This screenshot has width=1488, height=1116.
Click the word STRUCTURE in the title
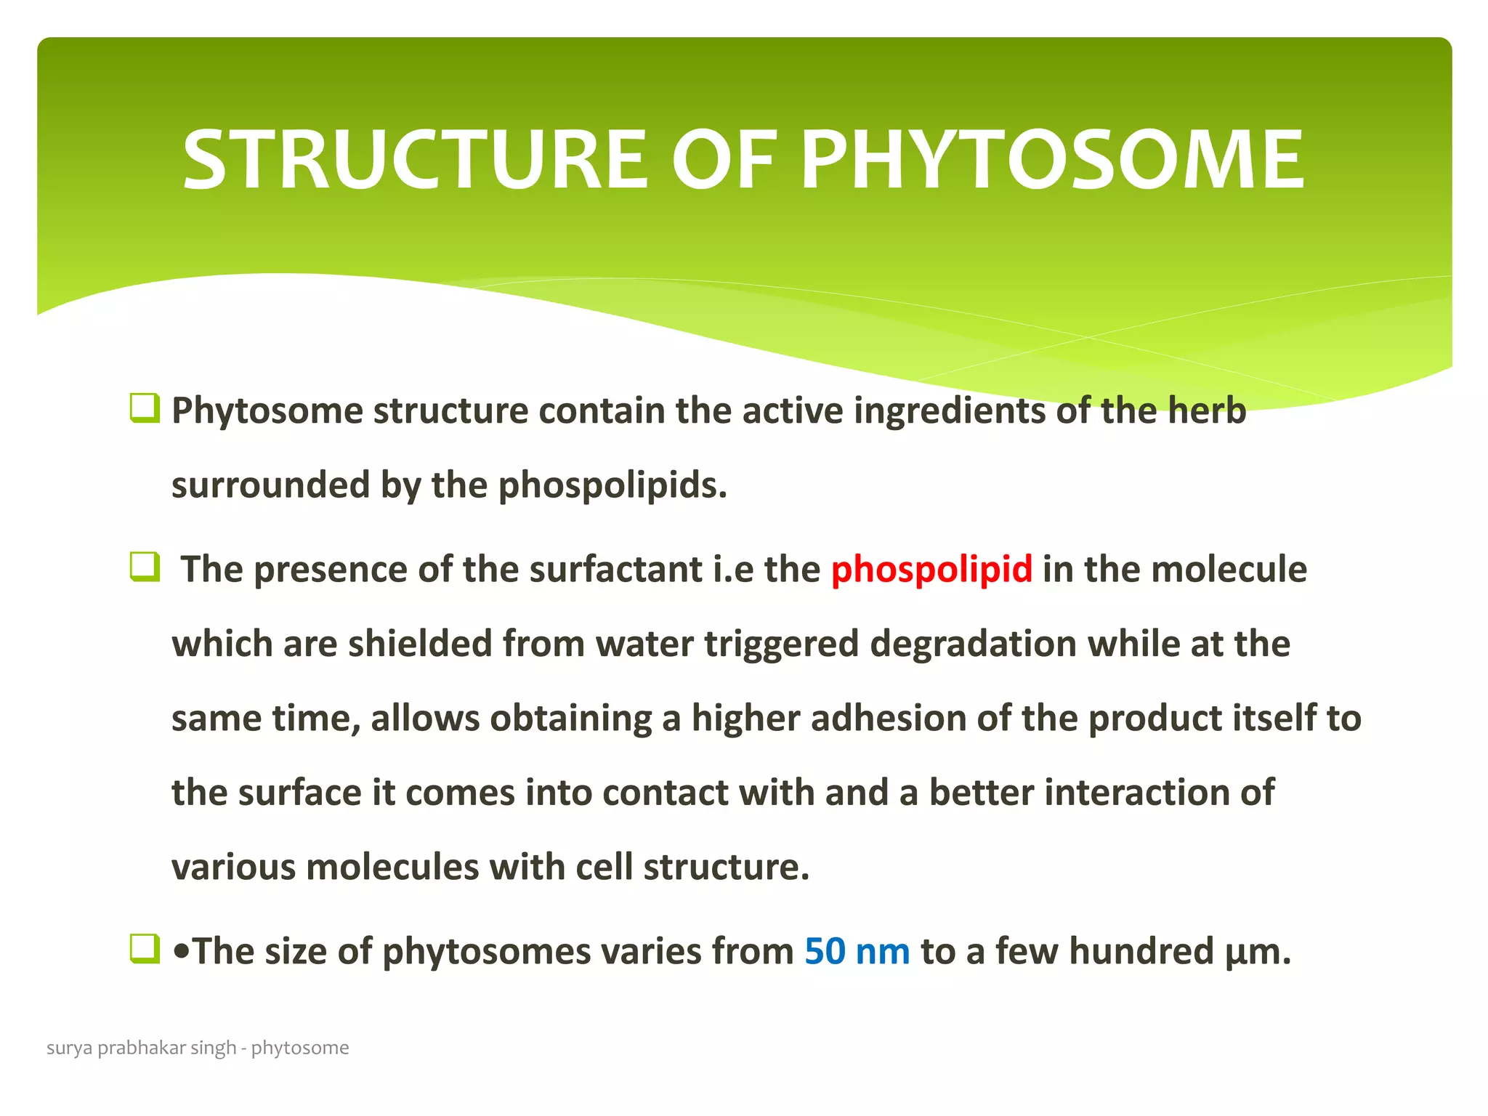[x=414, y=160]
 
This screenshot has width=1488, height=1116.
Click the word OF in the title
[x=723, y=160]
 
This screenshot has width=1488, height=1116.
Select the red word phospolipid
[x=931, y=569]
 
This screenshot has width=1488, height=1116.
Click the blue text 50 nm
[x=857, y=951]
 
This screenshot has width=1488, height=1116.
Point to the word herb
[x=1207, y=411]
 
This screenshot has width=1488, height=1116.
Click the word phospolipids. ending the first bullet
[x=612, y=485]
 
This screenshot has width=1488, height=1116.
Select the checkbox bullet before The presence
[x=144, y=566]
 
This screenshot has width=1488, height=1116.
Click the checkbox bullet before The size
[x=144, y=948]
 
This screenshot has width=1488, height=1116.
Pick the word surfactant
[x=615, y=569]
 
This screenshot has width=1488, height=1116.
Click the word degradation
[x=973, y=644]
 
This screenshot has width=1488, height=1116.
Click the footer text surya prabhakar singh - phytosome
[x=198, y=1048]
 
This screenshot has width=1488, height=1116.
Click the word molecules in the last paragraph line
[x=392, y=867]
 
